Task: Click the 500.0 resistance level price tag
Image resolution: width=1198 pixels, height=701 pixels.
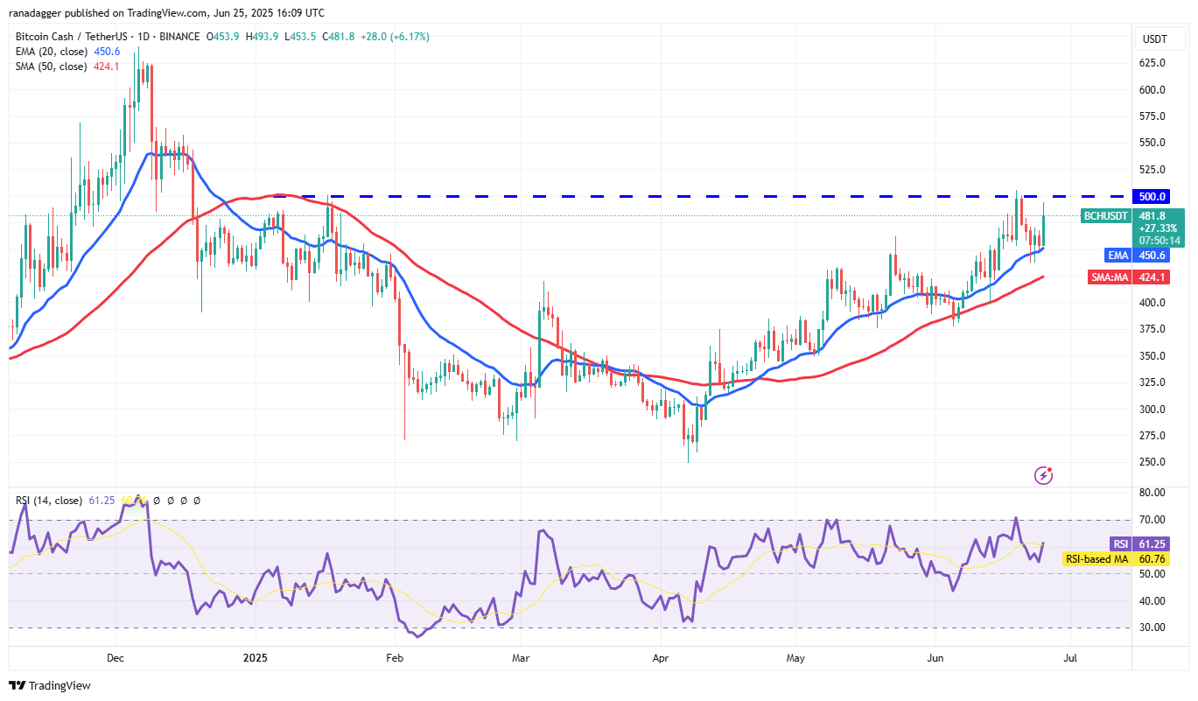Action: click(x=1152, y=196)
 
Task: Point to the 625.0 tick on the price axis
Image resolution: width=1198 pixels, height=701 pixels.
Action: click(x=1152, y=63)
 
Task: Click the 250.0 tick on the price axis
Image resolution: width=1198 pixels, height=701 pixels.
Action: click(x=1152, y=462)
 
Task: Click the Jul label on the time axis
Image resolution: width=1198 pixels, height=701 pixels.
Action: click(x=1068, y=656)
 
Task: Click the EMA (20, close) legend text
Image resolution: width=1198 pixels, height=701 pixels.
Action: click(x=51, y=52)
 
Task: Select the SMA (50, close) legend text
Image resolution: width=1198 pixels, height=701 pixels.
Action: click(x=51, y=66)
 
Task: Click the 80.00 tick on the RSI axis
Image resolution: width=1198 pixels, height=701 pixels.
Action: click(x=1152, y=494)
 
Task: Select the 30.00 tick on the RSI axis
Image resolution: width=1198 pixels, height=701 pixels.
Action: click(x=1152, y=627)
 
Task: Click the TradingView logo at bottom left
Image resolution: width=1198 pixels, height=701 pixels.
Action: click(x=50, y=686)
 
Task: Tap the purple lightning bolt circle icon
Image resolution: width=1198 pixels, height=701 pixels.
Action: click(x=1043, y=475)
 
